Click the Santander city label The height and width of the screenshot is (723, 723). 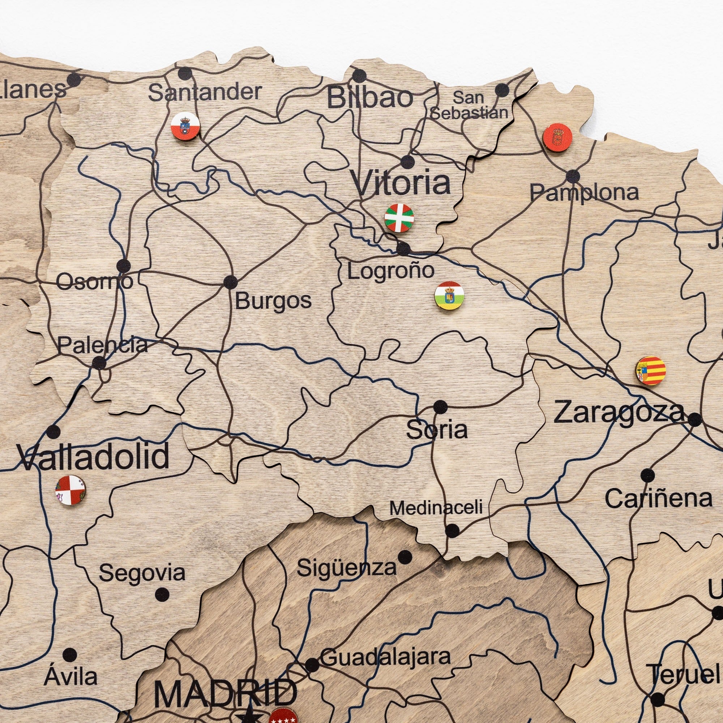[x=205, y=93]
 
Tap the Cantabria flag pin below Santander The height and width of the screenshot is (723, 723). [x=185, y=127]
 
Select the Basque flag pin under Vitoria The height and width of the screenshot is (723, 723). [x=399, y=218]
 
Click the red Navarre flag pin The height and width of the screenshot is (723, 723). [x=557, y=137]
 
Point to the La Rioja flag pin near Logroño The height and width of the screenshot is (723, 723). [x=449, y=296]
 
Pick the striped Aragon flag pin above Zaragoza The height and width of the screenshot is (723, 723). [x=651, y=371]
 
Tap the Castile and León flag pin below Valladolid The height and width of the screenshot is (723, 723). [x=70, y=490]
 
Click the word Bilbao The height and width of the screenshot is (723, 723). [x=370, y=98]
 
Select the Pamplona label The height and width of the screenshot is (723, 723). [x=584, y=192]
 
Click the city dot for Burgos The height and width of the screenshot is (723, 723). [x=230, y=282]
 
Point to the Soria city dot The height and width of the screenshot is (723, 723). [x=440, y=406]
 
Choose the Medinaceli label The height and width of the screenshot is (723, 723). [x=436, y=508]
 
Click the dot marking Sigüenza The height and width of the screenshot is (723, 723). [x=405, y=557]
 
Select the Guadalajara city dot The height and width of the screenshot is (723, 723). [x=312, y=665]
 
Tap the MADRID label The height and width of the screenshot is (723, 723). [x=225, y=694]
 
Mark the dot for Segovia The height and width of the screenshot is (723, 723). [x=162, y=594]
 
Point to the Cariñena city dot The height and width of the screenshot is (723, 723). [x=647, y=476]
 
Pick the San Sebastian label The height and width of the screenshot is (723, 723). [x=469, y=105]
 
